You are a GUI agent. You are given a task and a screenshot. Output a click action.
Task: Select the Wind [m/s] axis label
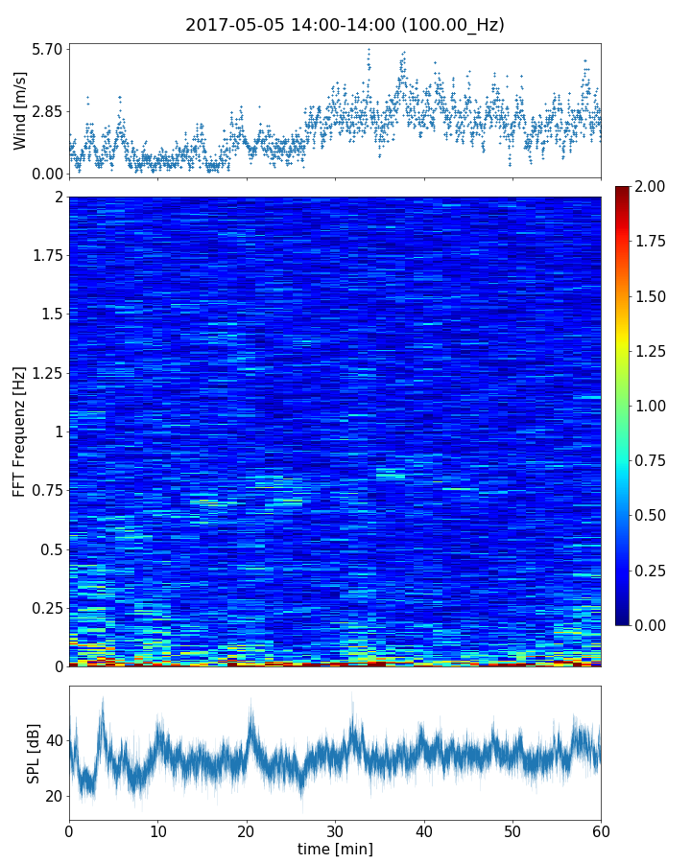[20, 110]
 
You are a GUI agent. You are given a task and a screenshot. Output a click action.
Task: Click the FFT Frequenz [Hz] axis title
[20, 431]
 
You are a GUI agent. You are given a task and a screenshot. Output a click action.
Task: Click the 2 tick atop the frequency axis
[58, 198]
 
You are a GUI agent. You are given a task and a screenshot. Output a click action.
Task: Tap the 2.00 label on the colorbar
[653, 186]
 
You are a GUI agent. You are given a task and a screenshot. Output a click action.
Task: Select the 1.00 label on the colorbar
[653, 406]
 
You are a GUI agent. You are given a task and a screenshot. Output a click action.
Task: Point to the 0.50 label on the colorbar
[653, 515]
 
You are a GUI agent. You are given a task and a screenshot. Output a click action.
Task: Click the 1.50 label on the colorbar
[653, 295]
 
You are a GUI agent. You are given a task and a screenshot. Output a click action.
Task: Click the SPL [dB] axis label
[35, 753]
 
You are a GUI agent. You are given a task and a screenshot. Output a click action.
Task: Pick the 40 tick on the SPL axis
[52, 741]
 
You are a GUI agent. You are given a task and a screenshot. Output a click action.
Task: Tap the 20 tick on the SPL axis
[52, 797]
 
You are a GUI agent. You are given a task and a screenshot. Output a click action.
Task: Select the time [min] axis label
[335, 849]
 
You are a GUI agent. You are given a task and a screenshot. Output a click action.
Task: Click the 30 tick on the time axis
[335, 829]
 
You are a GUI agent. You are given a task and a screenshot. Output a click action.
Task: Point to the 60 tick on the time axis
[601, 829]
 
